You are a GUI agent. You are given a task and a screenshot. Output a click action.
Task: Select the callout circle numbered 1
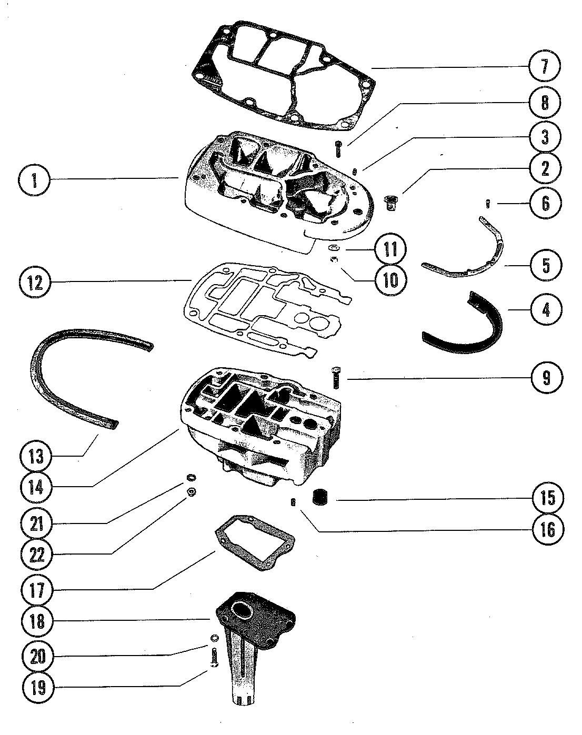pos(34,180)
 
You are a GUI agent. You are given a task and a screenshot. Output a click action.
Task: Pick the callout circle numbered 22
pos(36,556)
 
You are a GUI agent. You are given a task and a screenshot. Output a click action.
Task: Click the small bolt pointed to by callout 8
pos(338,149)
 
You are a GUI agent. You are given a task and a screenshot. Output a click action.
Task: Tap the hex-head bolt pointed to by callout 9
pos(335,378)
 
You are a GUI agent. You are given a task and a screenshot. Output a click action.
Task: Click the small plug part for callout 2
pos(390,202)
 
